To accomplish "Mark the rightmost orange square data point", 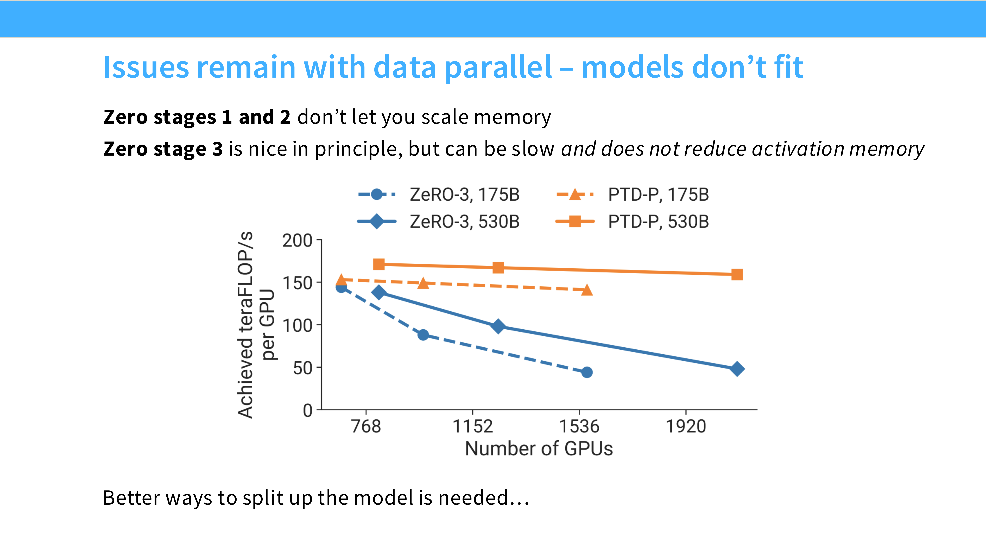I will pos(737,274).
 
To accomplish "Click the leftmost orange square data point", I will pos(378,264).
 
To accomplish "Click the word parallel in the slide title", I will pos(498,67).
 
